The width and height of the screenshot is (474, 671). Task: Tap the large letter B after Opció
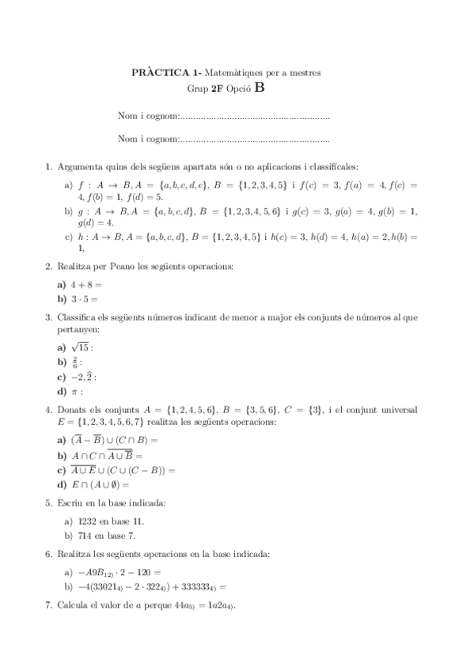260,89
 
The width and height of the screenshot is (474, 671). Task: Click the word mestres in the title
305,73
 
